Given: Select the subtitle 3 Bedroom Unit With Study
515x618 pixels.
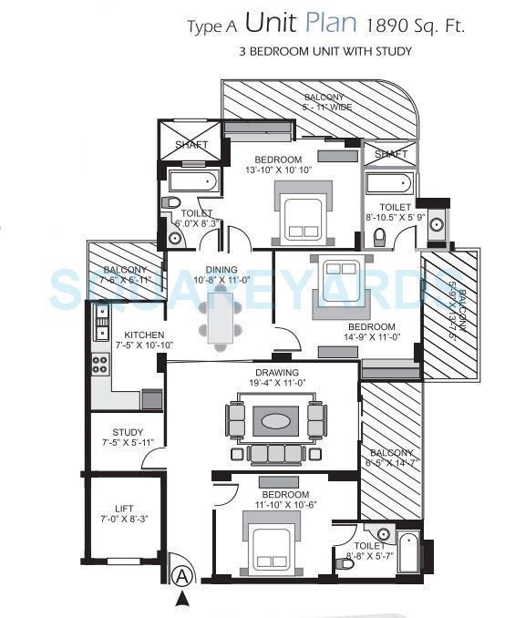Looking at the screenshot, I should (x=324, y=52).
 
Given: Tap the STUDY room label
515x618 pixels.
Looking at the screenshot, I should (x=127, y=432).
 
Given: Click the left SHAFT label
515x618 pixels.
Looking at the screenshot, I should (x=191, y=145).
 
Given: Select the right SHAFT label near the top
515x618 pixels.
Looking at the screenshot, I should (x=390, y=154).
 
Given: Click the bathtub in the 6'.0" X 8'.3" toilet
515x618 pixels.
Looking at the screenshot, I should (x=194, y=182).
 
